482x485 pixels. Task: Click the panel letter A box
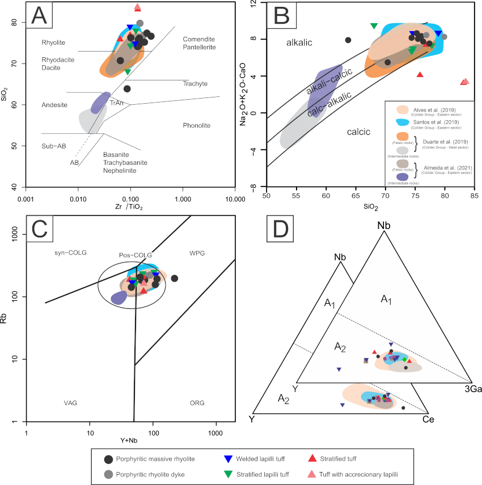click(x=39, y=16)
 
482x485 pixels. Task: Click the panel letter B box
click(x=281, y=16)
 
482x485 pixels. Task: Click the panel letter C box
click(x=39, y=228)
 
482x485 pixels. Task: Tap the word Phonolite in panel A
click(x=196, y=125)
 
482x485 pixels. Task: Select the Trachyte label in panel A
click(x=195, y=84)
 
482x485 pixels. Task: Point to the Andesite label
click(x=54, y=105)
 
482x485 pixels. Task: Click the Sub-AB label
click(x=54, y=146)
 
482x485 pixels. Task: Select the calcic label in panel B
click(x=358, y=132)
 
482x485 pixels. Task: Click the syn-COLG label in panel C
click(x=70, y=253)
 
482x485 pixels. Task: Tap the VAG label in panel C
click(x=70, y=403)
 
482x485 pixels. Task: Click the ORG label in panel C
click(x=197, y=403)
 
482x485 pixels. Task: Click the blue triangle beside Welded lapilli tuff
click(x=228, y=459)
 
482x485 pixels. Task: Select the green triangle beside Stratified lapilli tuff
click(x=228, y=474)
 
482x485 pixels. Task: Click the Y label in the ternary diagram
click(x=294, y=388)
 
